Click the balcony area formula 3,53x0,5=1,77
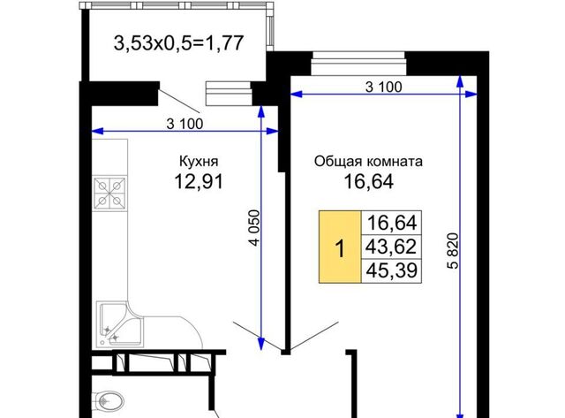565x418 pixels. click(178, 43)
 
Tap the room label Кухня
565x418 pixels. click(199, 161)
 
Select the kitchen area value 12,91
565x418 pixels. click(199, 181)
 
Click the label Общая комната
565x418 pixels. click(368, 161)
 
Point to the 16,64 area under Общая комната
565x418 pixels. click(369, 181)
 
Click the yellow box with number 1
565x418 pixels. click(340, 247)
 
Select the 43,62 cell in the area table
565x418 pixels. click(391, 247)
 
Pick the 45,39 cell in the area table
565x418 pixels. click(391, 270)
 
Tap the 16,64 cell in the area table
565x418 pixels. click(391, 223)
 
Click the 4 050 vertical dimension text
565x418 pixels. click(254, 228)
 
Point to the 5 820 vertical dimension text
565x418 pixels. click(453, 251)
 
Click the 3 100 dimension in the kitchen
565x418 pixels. click(185, 124)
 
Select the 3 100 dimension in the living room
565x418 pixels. click(383, 87)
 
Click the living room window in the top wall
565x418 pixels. click(358, 64)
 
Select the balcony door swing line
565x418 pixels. click(178, 101)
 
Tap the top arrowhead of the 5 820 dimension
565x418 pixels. click(460, 81)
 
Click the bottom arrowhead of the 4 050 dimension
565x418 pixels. click(261, 345)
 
